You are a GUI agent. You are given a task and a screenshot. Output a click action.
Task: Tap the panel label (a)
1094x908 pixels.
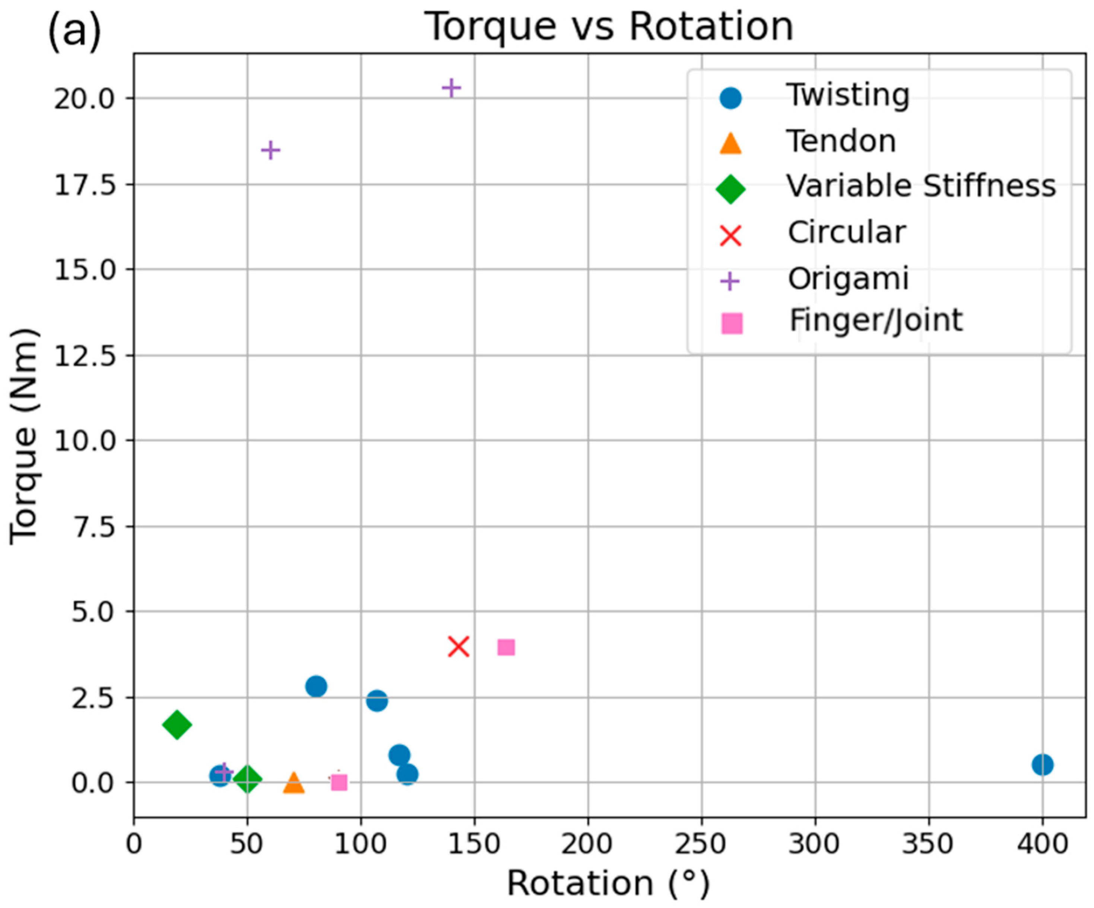point(74,31)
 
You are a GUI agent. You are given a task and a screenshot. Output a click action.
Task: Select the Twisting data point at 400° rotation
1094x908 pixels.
point(1043,765)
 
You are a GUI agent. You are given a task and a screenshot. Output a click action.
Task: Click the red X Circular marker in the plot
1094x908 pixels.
point(459,647)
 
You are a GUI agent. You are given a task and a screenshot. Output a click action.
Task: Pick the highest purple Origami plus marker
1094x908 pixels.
point(451,88)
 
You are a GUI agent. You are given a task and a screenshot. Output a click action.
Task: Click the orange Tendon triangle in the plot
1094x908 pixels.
point(293,782)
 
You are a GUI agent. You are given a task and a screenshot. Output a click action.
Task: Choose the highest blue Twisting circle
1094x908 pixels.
point(316,686)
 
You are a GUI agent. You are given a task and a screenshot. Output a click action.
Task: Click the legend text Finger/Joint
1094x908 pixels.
point(876,320)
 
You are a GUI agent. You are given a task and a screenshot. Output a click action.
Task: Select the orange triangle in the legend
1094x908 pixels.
point(730,143)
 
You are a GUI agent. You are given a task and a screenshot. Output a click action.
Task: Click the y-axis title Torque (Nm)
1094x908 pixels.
point(24,436)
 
